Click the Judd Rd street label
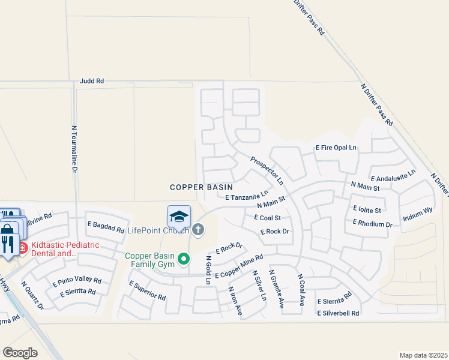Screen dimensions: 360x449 [91, 80]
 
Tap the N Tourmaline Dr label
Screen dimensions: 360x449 [75, 150]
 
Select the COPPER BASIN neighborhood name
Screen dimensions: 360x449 [201, 187]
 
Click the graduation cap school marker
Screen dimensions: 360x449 [179, 216]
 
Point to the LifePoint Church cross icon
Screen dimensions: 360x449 [197, 229]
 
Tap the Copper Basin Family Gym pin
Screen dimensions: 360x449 [185, 259]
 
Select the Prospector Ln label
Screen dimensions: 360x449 [267, 168]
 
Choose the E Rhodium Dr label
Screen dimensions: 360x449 [372, 223]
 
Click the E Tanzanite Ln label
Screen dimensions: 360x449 [246, 196]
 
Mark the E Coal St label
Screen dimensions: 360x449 [268, 217]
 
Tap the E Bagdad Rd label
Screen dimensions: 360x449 [106, 227]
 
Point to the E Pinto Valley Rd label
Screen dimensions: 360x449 [77, 280]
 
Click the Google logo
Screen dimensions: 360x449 [20, 352]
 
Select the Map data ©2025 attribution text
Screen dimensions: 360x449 [423, 355]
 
